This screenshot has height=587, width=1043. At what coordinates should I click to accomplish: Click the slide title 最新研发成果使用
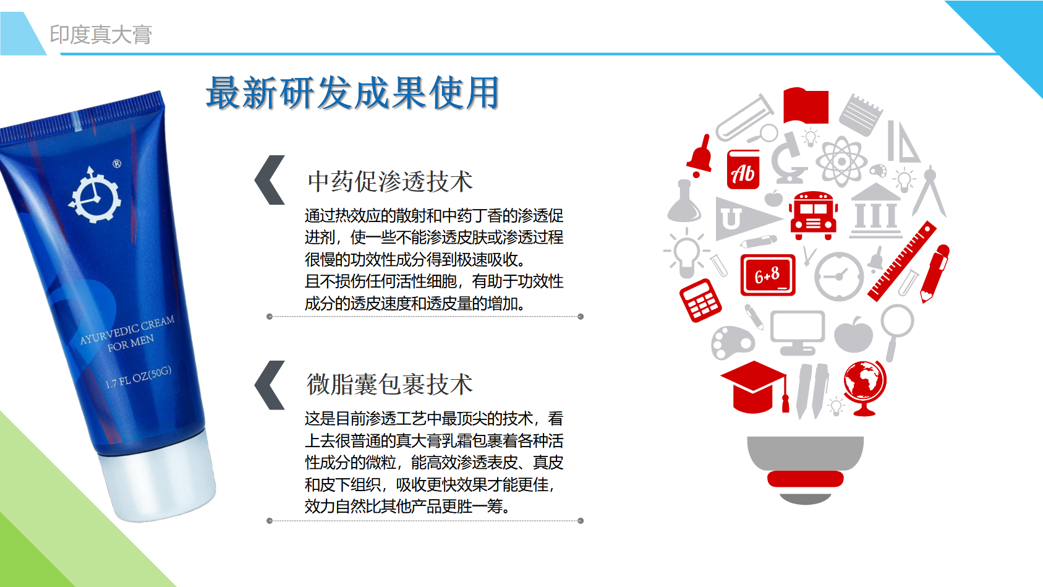[x=352, y=93]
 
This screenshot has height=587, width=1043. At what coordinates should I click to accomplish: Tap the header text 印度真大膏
[x=101, y=35]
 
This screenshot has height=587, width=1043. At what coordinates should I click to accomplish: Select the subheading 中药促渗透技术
[x=390, y=181]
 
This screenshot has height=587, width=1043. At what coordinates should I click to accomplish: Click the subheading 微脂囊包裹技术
[x=390, y=384]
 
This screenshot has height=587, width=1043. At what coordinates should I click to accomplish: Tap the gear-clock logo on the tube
[x=95, y=195]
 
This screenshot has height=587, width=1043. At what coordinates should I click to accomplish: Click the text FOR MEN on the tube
[x=130, y=343]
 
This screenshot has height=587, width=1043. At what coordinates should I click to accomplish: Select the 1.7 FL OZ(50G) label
[x=138, y=377]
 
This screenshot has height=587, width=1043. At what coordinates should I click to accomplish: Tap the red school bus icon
[x=814, y=215]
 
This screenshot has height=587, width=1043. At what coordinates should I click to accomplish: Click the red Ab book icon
[x=743, y=169]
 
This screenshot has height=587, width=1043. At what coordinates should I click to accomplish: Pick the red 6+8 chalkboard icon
[x=768, y=275]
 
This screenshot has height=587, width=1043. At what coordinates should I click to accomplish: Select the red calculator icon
[x=700, y=301]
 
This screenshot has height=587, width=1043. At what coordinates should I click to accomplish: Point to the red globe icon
[x=865, y=388]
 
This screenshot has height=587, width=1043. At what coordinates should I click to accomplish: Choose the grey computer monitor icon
[x=797, y=332]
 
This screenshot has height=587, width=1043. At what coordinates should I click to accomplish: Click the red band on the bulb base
[x=806, y=479]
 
